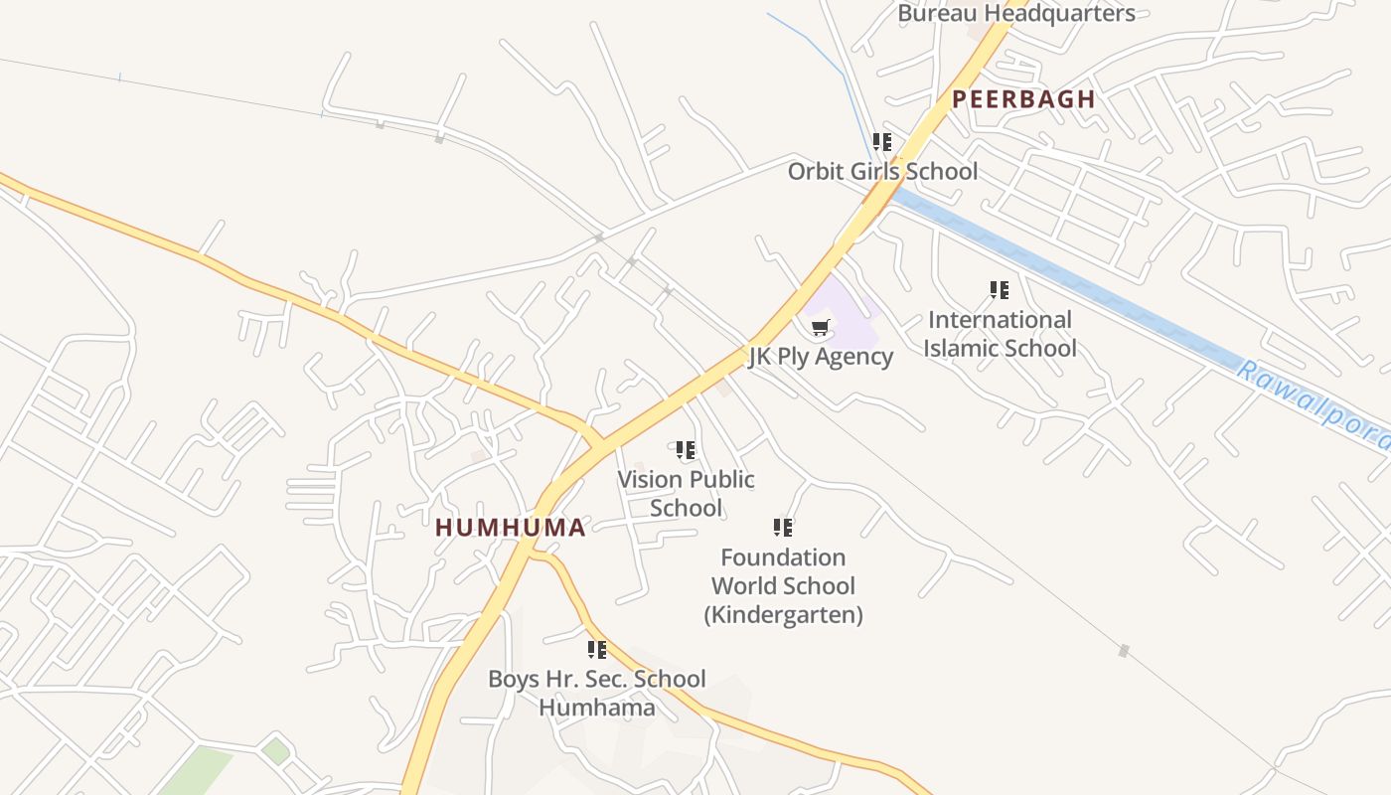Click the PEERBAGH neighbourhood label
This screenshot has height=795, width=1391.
tap(1023, 99)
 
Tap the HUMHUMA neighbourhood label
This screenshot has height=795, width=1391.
tap(511, 528)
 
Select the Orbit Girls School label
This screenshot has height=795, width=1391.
tap(882, 171)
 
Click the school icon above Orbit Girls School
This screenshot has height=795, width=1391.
tap(882, 142)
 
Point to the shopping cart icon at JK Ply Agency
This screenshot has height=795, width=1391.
tap(821, 327)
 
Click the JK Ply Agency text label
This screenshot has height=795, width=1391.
tap(821, 357)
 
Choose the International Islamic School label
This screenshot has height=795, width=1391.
tap(1000, 334)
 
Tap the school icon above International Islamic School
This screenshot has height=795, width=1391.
tap(1000, 290)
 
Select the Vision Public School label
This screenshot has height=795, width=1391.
tap(686, 493)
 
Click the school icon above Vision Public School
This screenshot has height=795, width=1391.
tap(686, 450)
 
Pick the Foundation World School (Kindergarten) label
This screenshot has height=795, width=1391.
tap(783, 585)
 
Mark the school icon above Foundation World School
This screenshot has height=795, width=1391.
tap(783, 527)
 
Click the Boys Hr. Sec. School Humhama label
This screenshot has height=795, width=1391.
tap(596, 693)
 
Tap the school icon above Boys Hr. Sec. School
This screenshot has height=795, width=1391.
tap(596, 650)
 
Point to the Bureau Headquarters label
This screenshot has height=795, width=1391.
tap(1015, 14)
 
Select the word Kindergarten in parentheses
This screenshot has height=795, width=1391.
tap(783, 615)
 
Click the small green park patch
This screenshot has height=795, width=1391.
tap(199, 770)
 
